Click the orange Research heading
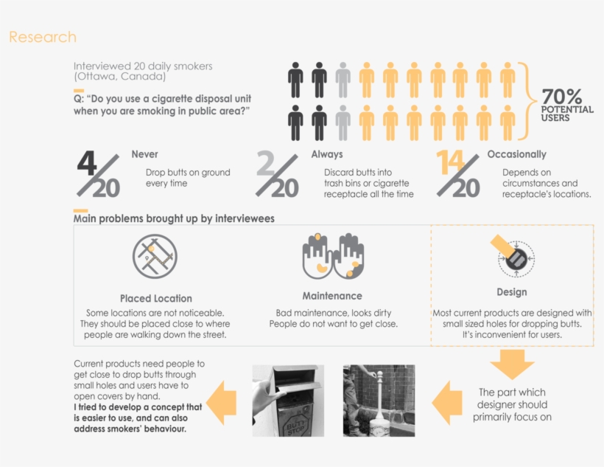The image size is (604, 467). tap(43, 37)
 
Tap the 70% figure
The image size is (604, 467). tap(561, 96)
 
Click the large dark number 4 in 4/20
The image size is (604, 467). tap(87, 163)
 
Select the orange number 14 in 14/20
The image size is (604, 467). tap(450, 162)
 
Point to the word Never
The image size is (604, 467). tap(144, 154)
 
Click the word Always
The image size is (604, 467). tap(327, 154)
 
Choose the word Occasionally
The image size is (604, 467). tap(516, 154)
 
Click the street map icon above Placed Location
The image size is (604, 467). tap(155, 256)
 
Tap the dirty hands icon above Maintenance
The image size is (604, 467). tap(333, 255)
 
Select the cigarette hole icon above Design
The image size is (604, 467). tap(513, 256)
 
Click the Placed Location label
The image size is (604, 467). tap(156, 298)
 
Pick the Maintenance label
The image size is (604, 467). tap(332, 296)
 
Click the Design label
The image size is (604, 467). tap(511, 292)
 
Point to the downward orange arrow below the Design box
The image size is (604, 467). tap(512, 364)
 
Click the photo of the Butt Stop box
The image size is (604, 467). tap(288, 401)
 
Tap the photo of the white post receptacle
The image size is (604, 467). tap(379, 401)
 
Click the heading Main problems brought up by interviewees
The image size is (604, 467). tap(174, 219)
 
